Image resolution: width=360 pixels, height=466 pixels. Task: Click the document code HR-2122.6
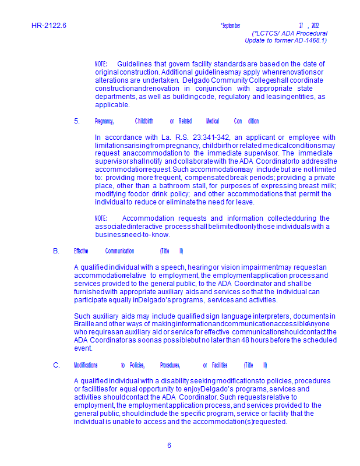(49, 26)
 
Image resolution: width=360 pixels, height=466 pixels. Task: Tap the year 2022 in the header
(315, 26)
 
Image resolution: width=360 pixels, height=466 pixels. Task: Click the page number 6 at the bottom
(169, 446)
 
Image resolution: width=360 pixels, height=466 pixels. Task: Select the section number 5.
(77, 121)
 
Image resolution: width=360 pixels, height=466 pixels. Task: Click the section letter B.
(56, 251)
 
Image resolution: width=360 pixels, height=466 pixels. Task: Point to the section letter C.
(57, 365)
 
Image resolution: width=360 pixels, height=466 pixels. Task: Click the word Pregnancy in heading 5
(104, 121)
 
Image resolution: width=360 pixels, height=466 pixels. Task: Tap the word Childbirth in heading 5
(144, 121)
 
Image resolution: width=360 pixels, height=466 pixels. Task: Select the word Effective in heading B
(81, 251)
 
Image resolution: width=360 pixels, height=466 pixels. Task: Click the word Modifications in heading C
(86, 365)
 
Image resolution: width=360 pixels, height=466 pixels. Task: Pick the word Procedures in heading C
(170, 365)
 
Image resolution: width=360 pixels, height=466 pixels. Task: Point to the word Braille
(84, 324)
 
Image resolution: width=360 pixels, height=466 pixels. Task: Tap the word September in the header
(231, 26)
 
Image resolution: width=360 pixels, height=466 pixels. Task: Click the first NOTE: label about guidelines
(101, 64)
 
